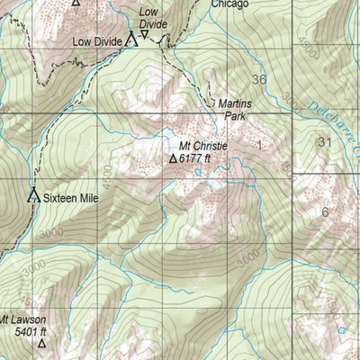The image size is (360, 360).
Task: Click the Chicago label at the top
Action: pyautogui.click(x=229, y=4)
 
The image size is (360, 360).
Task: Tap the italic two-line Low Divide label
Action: pyautogui.click(x=153, y=19)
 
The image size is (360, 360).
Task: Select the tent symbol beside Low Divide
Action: pyautogui.click(x=131, y=39)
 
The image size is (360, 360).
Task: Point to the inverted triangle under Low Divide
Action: pyautogui.click(x=144, y=34)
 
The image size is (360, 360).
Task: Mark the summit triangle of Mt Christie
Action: pyautogui.click(x=174, y=158)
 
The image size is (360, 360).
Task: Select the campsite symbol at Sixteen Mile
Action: pyautogui.click(x=33, y=193)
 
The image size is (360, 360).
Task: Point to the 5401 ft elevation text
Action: pyautogui.click(x=31, y=331)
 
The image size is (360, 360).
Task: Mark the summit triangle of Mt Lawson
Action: pyautogui.click(x=41, y=343)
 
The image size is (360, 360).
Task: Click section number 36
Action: pyautogui.click(x=259, y=80)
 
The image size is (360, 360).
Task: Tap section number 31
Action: pyautogui.click(x=325, y=142)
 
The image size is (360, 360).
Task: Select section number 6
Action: pyautogui.click(x=325, y=212)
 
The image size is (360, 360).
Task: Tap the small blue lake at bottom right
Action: pyautogui.click(x=341, y=330)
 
